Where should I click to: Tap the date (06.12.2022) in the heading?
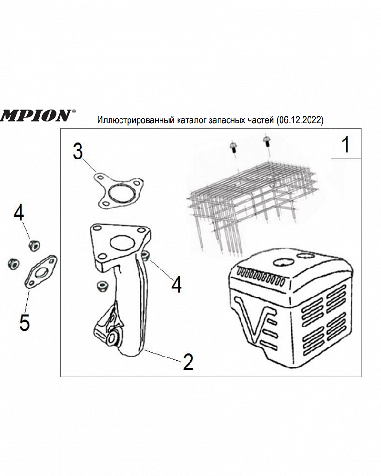click(x=300, y=120)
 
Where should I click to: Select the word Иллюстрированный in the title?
click(x=135, y=120)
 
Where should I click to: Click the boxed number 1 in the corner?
click(x=346, y=144)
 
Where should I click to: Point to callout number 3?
click(x=78, y=151)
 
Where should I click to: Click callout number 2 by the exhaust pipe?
click(x=189, y=362)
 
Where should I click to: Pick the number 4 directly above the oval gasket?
click(x=19, y=213)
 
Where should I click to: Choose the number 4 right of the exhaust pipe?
click(x=177, y=285)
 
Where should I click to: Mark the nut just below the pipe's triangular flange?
click(x=100, y=287)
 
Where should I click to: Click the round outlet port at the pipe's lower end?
click(x=114, y=337)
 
